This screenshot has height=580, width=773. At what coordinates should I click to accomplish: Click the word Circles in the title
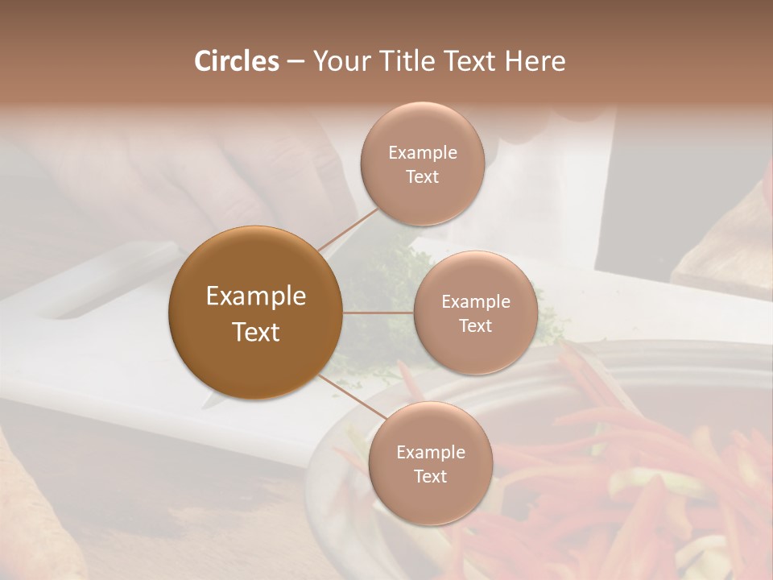(236, 61)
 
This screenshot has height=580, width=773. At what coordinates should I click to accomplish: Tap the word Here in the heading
(535, 61)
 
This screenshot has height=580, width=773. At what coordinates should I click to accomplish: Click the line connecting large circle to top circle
(348, 230)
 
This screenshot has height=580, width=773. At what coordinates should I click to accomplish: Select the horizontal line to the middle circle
(378, 313)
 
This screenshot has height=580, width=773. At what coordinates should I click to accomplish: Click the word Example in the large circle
(255, 296)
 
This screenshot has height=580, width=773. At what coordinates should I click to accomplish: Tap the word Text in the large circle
(255, 332)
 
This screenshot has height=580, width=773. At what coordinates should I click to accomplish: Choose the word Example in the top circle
(423, 153)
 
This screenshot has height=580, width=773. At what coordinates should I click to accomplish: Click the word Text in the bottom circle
(430, 477)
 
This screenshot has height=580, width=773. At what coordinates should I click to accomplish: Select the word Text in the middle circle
(475, 326)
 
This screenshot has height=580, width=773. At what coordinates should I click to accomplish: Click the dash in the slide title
(295, 62)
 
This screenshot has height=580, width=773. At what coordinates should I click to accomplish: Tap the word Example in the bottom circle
(430, 453)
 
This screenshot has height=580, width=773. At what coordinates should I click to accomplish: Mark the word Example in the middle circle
(475, 302)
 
